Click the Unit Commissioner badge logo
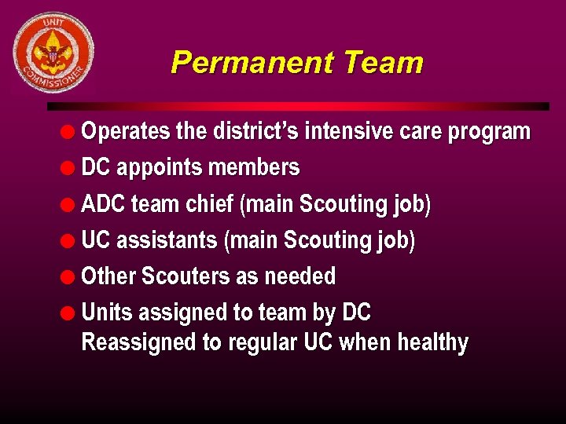pyautogui.click(x=53, y=53)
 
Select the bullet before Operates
pyautogui.click(x=69, y=131)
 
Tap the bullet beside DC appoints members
pyautogui.click(x=69, y=167)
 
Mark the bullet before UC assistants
pyautogui.click(x=69, y=240)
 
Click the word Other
pyautogui.click(x=108, y=276)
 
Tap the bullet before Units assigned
pyautogui.click(x=69, y=313)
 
